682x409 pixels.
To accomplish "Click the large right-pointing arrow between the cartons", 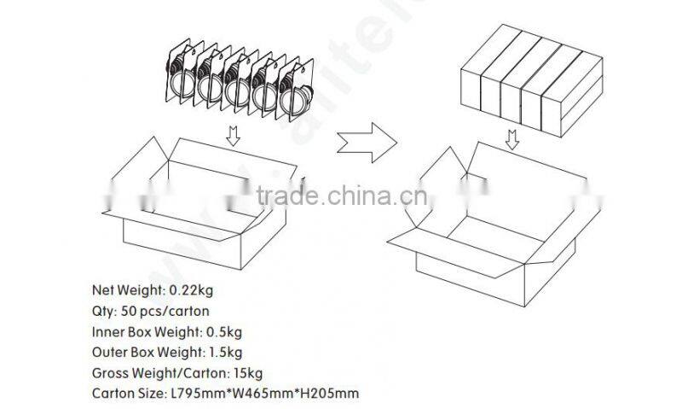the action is (366, 137).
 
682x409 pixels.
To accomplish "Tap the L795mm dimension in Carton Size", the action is (199, 394).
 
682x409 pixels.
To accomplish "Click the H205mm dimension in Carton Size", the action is (327, 394).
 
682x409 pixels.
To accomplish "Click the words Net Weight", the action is (123, 289).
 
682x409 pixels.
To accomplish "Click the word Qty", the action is (102, 311).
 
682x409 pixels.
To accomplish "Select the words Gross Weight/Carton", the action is (148, 372).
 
